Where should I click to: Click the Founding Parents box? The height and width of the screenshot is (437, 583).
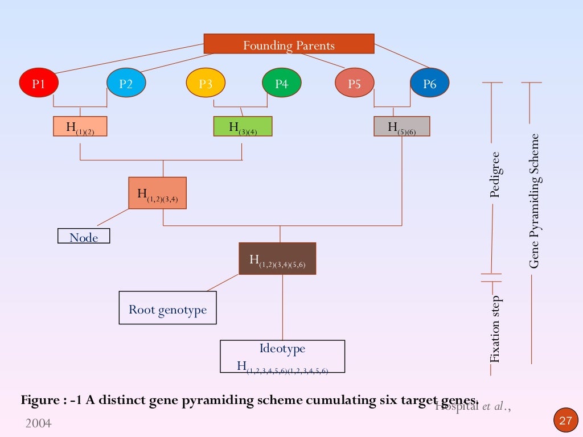tap(289, 44)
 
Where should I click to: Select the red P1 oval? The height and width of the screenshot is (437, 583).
tap(38, 84)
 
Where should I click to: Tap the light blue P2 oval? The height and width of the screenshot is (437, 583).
tap(126, 84)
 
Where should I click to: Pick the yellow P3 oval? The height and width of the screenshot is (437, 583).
tap(206, 84)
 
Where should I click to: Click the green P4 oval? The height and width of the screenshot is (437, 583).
tap(281, 84)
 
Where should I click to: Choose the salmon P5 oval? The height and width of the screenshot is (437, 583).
tap(354, 84)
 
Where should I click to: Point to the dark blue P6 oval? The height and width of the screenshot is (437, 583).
tap(429, 84)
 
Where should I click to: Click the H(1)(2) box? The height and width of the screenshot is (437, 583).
tap(80, 126)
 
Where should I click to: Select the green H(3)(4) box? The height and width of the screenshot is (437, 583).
tap(243, 126)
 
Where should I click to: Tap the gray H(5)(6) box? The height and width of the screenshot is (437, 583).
tap(401, 126)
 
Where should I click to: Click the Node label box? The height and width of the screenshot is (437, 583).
tap(84, 236)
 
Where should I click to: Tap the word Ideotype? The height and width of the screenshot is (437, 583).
tap(282, 349)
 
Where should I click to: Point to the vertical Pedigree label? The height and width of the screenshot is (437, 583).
tap(494, 174)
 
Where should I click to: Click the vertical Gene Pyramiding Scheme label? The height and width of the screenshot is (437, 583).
tap(534, 201)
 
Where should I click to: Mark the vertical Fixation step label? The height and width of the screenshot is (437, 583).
tap(495, 329)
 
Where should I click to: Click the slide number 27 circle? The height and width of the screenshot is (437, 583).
tap(565, 420)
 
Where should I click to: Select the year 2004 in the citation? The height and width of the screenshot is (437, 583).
tap(38, 423)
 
